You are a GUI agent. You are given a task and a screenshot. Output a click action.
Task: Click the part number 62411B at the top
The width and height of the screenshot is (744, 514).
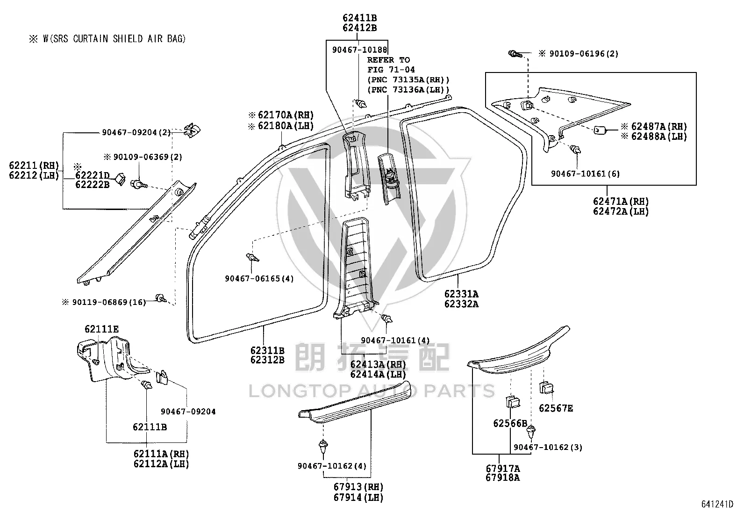point(360,18)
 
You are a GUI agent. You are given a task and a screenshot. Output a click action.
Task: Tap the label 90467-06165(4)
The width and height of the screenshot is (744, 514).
point(259,279)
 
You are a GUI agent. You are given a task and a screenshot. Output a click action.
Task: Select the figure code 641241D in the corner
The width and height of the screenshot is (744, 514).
point(717,504)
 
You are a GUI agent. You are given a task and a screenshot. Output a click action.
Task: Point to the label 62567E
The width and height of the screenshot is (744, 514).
point(556,408)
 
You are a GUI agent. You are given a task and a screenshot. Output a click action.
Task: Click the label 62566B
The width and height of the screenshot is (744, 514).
point(510,424)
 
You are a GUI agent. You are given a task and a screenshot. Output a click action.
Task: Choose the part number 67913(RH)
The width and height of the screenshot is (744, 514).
point(358,487)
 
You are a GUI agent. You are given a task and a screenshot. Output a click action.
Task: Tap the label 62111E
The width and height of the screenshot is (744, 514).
point(101,329)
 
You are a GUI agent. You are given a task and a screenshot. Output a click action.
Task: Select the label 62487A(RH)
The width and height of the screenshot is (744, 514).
point(654,126)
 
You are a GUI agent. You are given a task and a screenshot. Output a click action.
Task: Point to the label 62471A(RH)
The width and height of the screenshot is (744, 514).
point(621,202)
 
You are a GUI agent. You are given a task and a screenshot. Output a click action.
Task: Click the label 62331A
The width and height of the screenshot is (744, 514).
point(461,294)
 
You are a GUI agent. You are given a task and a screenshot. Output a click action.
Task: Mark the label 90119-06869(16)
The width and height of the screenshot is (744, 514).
point(104,302)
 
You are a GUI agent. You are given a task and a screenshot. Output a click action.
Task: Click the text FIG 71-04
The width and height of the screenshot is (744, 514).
point(391,70)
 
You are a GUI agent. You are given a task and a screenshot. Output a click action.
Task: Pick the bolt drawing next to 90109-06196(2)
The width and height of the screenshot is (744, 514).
point(515,53)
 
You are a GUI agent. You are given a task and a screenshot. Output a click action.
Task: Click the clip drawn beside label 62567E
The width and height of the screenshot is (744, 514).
point(546,388)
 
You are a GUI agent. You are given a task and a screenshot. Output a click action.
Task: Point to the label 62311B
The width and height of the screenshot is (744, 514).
point(267,350)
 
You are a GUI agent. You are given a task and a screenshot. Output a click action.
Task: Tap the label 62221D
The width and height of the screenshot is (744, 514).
point(93,175)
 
